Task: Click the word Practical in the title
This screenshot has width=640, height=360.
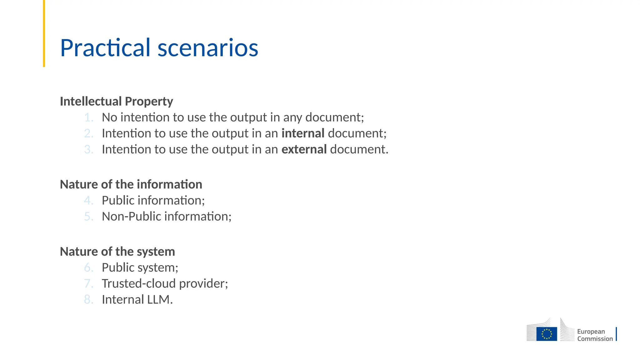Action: pos(105,48)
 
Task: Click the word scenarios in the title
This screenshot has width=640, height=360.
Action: pos(208,48)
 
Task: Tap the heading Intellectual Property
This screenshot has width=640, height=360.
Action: pos(116,101)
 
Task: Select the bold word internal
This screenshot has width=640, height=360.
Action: pos(303,133)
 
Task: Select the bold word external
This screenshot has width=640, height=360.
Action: pos(304,149)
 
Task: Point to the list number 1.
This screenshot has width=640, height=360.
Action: pos(89,117)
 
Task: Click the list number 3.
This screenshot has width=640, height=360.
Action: pos(89,149)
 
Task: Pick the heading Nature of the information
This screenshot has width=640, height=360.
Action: pos(131,184)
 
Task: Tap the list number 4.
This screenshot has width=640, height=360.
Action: pos(89,200)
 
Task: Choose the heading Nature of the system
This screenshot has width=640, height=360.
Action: pos(117,252)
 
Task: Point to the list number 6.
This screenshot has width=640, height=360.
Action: pos(89,267)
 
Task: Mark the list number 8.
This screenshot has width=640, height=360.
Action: pos(89,299)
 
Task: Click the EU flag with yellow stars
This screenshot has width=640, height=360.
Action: pos(547,334)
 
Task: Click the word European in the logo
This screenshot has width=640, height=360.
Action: pos(591,332)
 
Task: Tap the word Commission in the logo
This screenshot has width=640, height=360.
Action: pos(595,339)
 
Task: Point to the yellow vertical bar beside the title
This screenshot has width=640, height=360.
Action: pos(44,33)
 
